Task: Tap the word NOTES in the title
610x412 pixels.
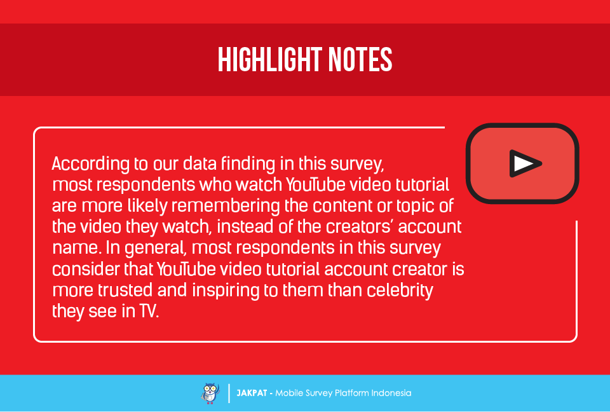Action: click(x=360, y=60)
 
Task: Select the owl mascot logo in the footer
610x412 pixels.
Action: click(x=210, y=394)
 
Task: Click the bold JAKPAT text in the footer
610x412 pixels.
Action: click(x=252, y=393)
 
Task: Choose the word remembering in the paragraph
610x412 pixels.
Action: click(x=225, y=206)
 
